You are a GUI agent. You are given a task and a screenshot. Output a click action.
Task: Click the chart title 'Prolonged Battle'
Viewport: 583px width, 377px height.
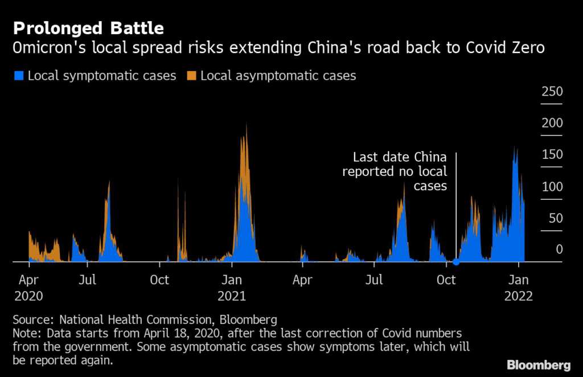tap(88, 28)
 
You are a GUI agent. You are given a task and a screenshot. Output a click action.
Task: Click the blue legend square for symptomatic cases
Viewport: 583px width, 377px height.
tap(19, 76)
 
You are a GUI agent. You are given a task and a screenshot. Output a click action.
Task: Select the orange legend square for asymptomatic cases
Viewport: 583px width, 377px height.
tap(191, 76)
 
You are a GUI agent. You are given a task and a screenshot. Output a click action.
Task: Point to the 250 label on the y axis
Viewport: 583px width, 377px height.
tap(552, 92)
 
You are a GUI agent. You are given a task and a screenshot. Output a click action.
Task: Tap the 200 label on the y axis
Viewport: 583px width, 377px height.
tap(552, 123)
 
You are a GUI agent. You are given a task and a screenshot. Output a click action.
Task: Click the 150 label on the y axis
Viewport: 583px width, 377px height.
tap(552, 155)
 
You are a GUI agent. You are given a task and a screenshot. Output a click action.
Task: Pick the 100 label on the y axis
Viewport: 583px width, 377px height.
tap(552, 187)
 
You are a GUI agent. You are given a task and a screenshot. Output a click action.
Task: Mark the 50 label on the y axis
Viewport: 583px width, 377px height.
tap(556, 218)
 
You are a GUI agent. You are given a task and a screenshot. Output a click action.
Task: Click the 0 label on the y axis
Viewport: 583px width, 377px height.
tap(559, 249)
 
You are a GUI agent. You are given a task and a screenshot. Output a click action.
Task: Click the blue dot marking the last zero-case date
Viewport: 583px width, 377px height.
tap(456, 262)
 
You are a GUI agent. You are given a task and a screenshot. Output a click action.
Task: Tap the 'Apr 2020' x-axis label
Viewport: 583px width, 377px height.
tap(28, 288)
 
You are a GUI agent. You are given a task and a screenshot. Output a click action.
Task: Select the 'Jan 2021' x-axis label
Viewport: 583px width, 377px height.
tap(232, 288)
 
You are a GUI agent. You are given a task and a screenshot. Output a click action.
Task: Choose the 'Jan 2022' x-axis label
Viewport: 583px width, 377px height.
tap(518, 288)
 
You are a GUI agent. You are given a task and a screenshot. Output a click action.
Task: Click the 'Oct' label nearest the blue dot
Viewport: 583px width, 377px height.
tap(446, 280)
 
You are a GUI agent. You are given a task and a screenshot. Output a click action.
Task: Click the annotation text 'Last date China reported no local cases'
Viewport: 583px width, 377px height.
tap(395, 171)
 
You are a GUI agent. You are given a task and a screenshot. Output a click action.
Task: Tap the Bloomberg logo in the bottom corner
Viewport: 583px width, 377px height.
tap(539, 364)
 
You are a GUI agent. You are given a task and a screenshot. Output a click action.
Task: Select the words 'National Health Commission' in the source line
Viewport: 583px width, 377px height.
tap(136, 319)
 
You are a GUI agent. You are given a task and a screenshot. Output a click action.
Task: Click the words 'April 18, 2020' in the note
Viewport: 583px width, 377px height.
tap(183, 334)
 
